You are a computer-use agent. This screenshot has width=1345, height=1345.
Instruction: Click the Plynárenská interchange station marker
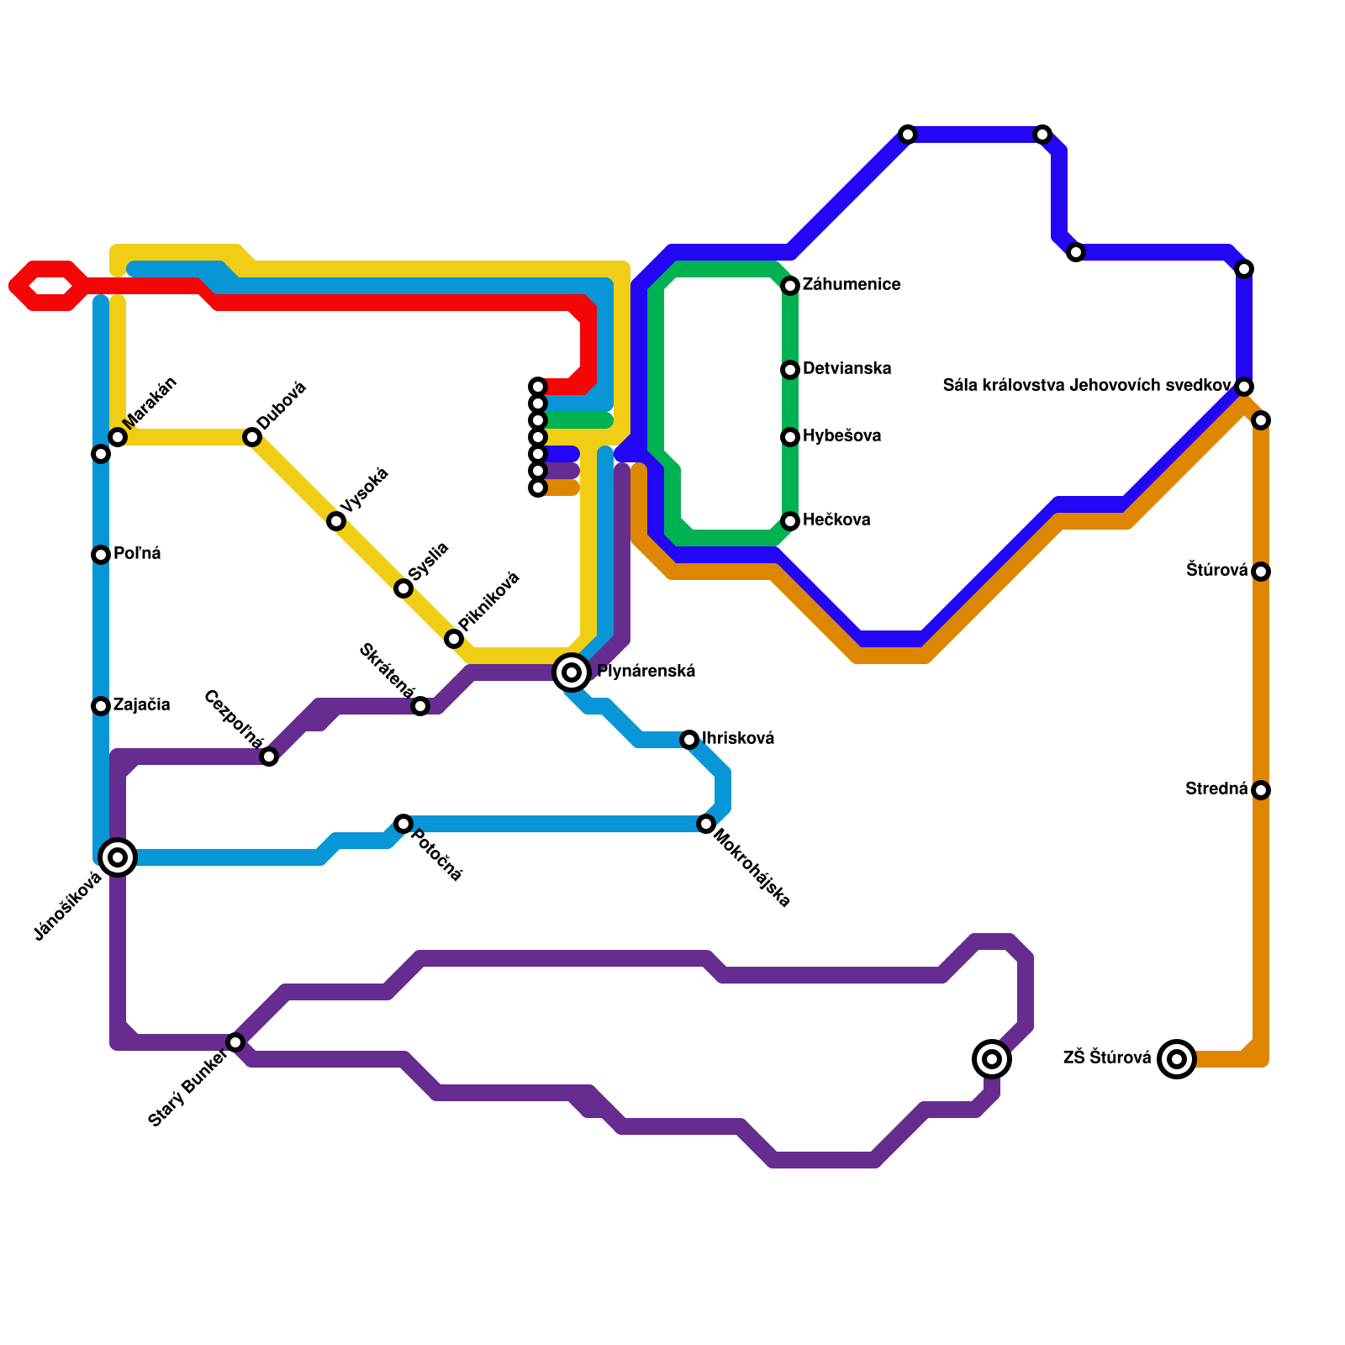pos(572,672)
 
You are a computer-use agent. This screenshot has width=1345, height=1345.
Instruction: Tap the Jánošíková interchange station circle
pos(118,857)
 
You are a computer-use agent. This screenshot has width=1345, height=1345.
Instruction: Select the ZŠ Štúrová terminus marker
pos(1177,1058)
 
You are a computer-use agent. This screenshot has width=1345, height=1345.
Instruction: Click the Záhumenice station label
pos(851,285)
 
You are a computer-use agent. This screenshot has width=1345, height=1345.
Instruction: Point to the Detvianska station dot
pos(790,370)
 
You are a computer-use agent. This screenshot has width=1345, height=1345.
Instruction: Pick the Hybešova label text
pos(841,436)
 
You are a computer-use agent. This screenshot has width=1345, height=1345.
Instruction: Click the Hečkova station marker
pos(790,521)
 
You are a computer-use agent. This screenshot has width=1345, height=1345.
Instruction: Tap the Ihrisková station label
pos(738,739)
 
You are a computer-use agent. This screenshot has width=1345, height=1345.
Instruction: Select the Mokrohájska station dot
pos(706,824)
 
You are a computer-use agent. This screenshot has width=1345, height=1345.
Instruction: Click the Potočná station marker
pos(403,824)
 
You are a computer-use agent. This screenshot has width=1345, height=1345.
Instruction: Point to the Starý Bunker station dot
pos(235,1042)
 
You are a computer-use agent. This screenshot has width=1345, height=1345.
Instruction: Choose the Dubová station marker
pos(252,437)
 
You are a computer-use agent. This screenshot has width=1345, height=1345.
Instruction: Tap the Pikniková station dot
pos(454,639)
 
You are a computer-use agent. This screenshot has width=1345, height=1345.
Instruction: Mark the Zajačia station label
pos(141,705)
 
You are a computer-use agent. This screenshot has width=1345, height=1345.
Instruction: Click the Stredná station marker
pos(1261,790)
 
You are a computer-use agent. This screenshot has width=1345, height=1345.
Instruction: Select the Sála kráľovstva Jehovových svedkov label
pos(1087,386)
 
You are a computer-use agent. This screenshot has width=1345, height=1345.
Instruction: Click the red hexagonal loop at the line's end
pos(49,286)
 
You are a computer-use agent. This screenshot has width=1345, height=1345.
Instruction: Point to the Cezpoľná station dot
pos(269,757)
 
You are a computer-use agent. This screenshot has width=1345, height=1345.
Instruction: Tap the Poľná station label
pos(137,554)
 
